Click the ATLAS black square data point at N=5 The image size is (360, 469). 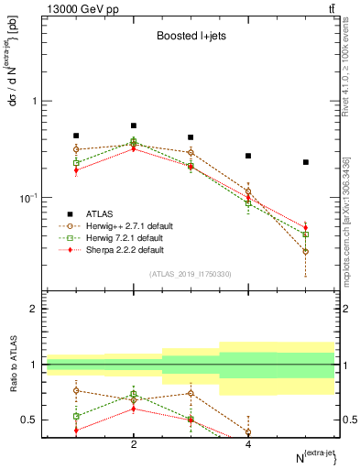click(x=306, y=162)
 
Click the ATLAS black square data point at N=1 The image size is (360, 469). click(x=76, y=136)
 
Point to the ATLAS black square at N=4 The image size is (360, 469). click(x=248, y=156)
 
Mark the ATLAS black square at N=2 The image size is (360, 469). click(x=134, y=125)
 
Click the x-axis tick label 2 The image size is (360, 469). click(x=134, y=444)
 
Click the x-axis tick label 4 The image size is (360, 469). click(x=248, y=444)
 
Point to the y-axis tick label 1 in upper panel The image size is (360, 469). click(x=37, y=102)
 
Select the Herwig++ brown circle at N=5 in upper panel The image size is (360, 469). click(x=306, y=251)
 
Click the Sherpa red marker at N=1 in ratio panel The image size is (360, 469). click(x=76, y=430)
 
